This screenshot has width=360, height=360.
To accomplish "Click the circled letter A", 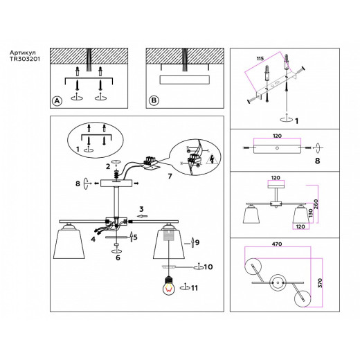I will click(x=57, y=100).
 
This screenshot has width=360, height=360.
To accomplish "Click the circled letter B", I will click(x=154, y=100).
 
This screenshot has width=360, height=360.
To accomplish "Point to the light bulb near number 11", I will click(x=166, y=285).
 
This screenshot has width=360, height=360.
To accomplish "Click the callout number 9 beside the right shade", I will click(x=197, y=243).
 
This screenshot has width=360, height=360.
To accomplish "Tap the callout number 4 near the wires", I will click(x=91, y=240).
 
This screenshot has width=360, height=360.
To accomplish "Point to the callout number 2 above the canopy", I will click(x=109, y=167).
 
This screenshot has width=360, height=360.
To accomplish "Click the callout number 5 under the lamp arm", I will click(x=136, y=237).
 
